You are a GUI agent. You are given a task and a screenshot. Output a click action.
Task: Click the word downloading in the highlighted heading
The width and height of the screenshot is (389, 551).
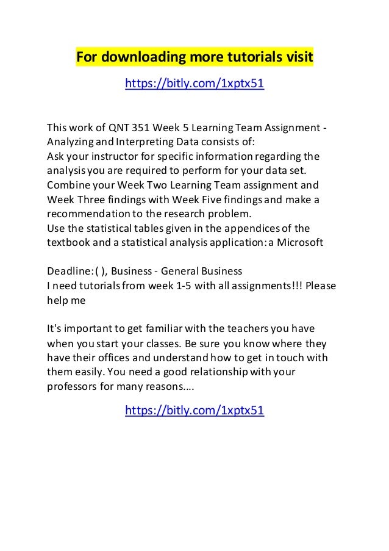click(x=138, y=58)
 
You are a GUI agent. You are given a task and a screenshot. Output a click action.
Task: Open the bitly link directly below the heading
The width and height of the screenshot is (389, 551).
click(x=194, y=83)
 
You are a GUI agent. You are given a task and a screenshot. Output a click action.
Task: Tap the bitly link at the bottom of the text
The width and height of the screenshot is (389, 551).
click(x=194, y=411)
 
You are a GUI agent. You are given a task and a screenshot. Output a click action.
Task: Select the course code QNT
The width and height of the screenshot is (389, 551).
click(x=120, y=128)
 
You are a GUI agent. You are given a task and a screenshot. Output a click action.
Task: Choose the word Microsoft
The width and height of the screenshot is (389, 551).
click(x=296, y=242)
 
